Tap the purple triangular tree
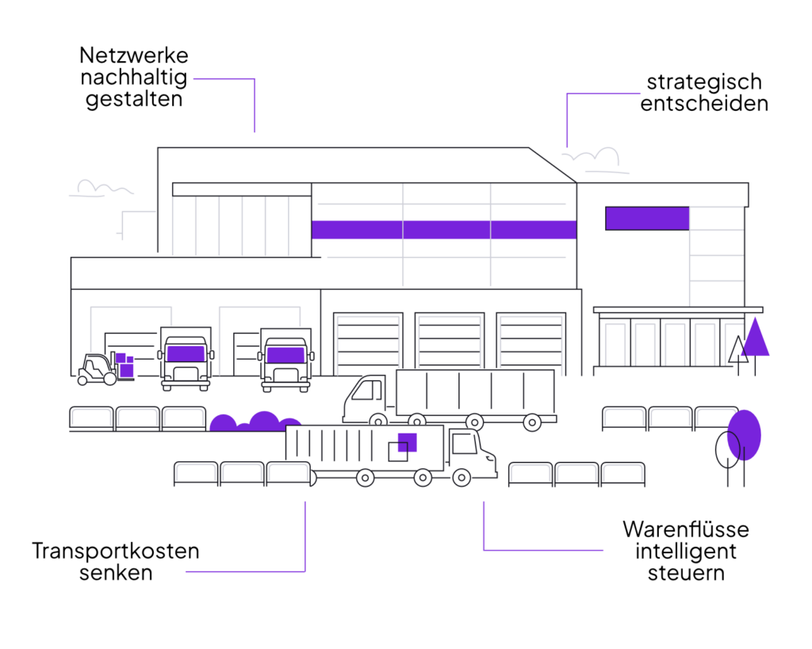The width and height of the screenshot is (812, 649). (755, 339)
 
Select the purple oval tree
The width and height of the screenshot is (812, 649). (745, 434)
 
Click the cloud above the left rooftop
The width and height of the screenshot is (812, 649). (101, 189)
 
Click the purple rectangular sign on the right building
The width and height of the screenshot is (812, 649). (647, 218)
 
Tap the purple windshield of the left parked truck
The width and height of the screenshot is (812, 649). (186, 353)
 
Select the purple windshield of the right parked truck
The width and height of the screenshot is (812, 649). (285, 354)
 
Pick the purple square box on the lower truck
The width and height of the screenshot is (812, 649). (408, 441)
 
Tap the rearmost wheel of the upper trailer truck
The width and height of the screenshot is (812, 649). (532, 422)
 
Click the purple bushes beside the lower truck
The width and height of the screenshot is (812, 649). (254, 422)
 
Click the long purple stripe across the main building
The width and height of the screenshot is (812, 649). (444, 230)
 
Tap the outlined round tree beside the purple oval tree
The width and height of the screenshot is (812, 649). (727, 450)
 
